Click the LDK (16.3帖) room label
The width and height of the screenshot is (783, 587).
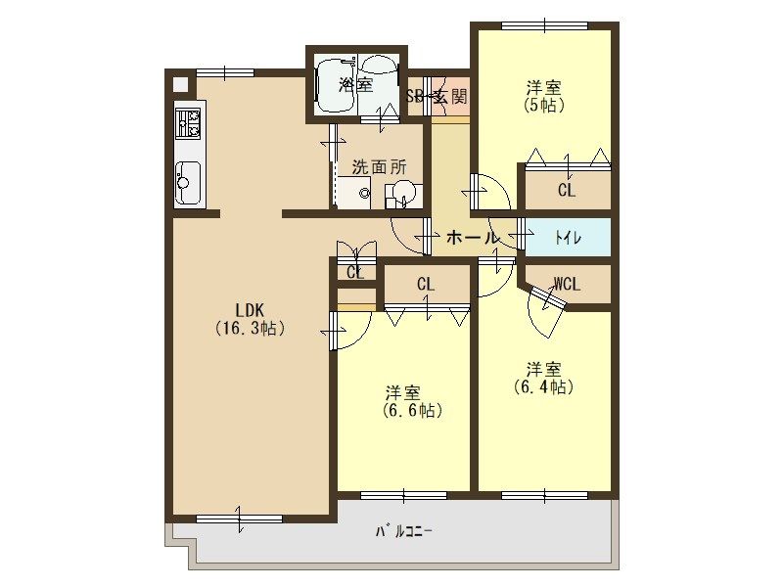click(250, 320)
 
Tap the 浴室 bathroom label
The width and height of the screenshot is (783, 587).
click(355, 85)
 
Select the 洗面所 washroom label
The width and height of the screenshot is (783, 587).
click(379, 166)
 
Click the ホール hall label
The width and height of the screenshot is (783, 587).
click(472, 237)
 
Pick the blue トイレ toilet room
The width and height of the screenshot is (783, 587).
click(569, 238)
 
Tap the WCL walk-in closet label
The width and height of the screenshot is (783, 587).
click(567, 284)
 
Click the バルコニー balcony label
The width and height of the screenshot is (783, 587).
click(404, 531)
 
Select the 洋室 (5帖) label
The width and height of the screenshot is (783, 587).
click(544, 97)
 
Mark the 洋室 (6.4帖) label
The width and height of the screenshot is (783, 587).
click(543, 379)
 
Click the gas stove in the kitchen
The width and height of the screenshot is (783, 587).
click(188, 122)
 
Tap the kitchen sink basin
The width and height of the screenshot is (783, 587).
click(188, 183)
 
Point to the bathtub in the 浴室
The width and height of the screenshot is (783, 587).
click(336, 86)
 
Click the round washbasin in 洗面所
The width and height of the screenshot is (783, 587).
click(402, 192)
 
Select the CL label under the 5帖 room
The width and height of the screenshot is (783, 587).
click(567, 190)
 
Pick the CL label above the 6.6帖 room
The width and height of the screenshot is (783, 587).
click(426, 285)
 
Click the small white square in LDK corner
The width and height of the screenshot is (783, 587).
click(180, 84)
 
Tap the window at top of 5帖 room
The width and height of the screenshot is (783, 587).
click(545, 26)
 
